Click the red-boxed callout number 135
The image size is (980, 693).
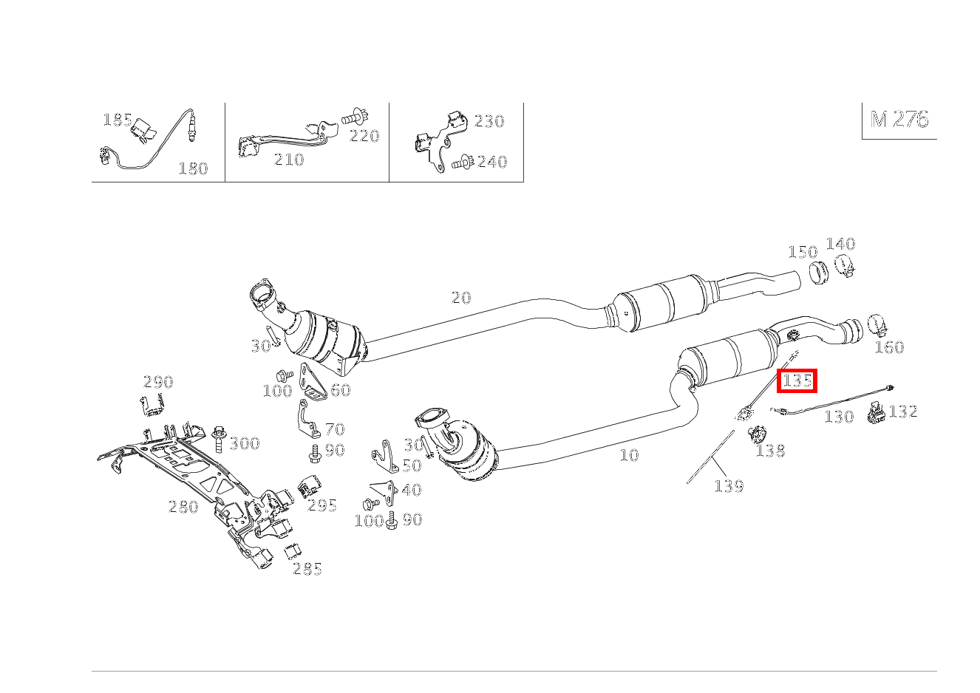(797, 380)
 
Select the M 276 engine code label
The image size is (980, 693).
(899, 120)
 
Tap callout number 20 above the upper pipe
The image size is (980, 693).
(460, 298)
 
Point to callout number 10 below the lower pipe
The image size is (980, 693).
(629, 455)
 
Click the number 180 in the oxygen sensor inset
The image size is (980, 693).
(193, 168)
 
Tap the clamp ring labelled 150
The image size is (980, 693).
(817, 273)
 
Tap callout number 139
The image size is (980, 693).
(728, 486)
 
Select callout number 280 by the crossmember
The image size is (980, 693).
(183, 507)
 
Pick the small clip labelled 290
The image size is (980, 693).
(153, 405)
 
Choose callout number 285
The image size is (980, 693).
(307, 569)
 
